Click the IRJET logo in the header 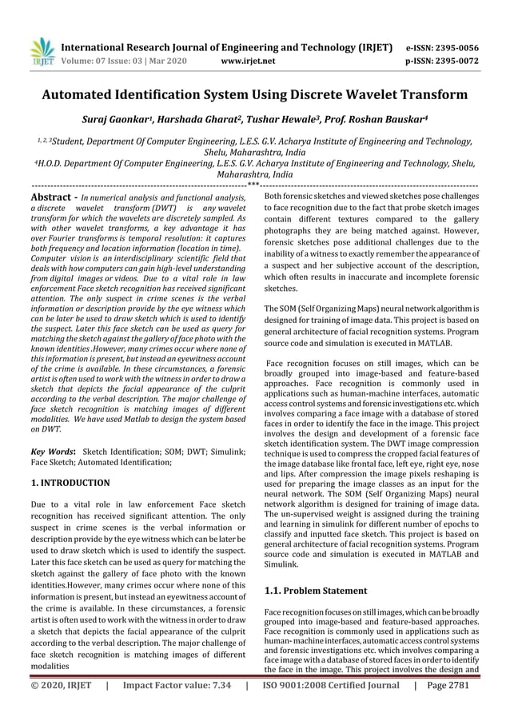point(41,51)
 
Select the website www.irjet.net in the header point(247,60)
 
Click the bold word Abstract point(52,197)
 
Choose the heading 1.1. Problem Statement point(316,591)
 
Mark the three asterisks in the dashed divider point(253,185)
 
